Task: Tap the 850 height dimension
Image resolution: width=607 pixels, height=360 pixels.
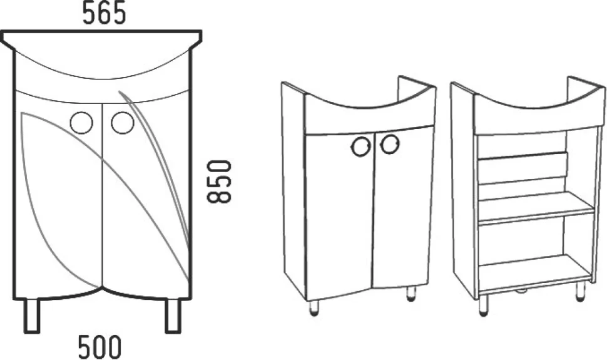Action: (219, 182)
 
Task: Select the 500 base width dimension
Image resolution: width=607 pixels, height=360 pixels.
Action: (100, 347)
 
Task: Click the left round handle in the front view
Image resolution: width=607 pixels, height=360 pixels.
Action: (82, 123)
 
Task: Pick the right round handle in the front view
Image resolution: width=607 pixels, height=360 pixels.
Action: (123, 123)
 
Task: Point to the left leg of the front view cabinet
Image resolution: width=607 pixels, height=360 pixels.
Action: (32, 316)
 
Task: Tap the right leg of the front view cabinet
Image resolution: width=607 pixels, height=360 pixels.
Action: (173, 316)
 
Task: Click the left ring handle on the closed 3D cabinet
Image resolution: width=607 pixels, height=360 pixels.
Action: (361, 147)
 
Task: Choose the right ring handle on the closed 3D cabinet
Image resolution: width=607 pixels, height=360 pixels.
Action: (390, 144)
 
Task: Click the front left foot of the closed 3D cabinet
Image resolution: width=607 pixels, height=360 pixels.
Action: (315, 309)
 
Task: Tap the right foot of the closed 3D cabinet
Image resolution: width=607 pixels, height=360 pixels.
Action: (411, 294)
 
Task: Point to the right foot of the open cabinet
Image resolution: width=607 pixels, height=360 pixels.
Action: (580, 291)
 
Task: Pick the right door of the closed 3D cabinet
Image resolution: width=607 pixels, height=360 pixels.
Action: (402, 207)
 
